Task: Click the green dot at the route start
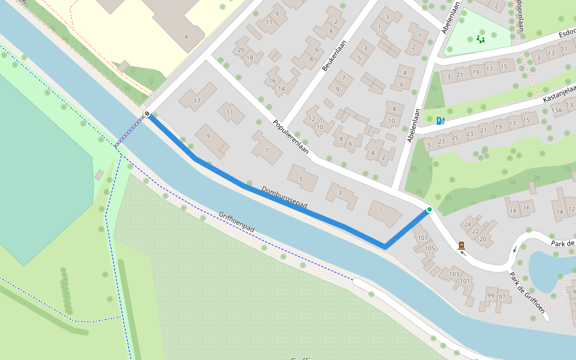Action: pos(430,209)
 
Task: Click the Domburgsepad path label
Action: pos(284,197)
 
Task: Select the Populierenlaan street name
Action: pos(290,136)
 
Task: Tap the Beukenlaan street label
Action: pos(335,56)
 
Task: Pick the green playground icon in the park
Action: pos(480,39)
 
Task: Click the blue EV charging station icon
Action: pos(441,121)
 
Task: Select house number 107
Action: pos(422,238)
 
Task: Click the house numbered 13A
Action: pos(557,110)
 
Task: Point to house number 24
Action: pos(467,225)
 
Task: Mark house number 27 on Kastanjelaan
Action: pos(442,142)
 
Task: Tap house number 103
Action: pos(454,274)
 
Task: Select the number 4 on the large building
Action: pos(186,37)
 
